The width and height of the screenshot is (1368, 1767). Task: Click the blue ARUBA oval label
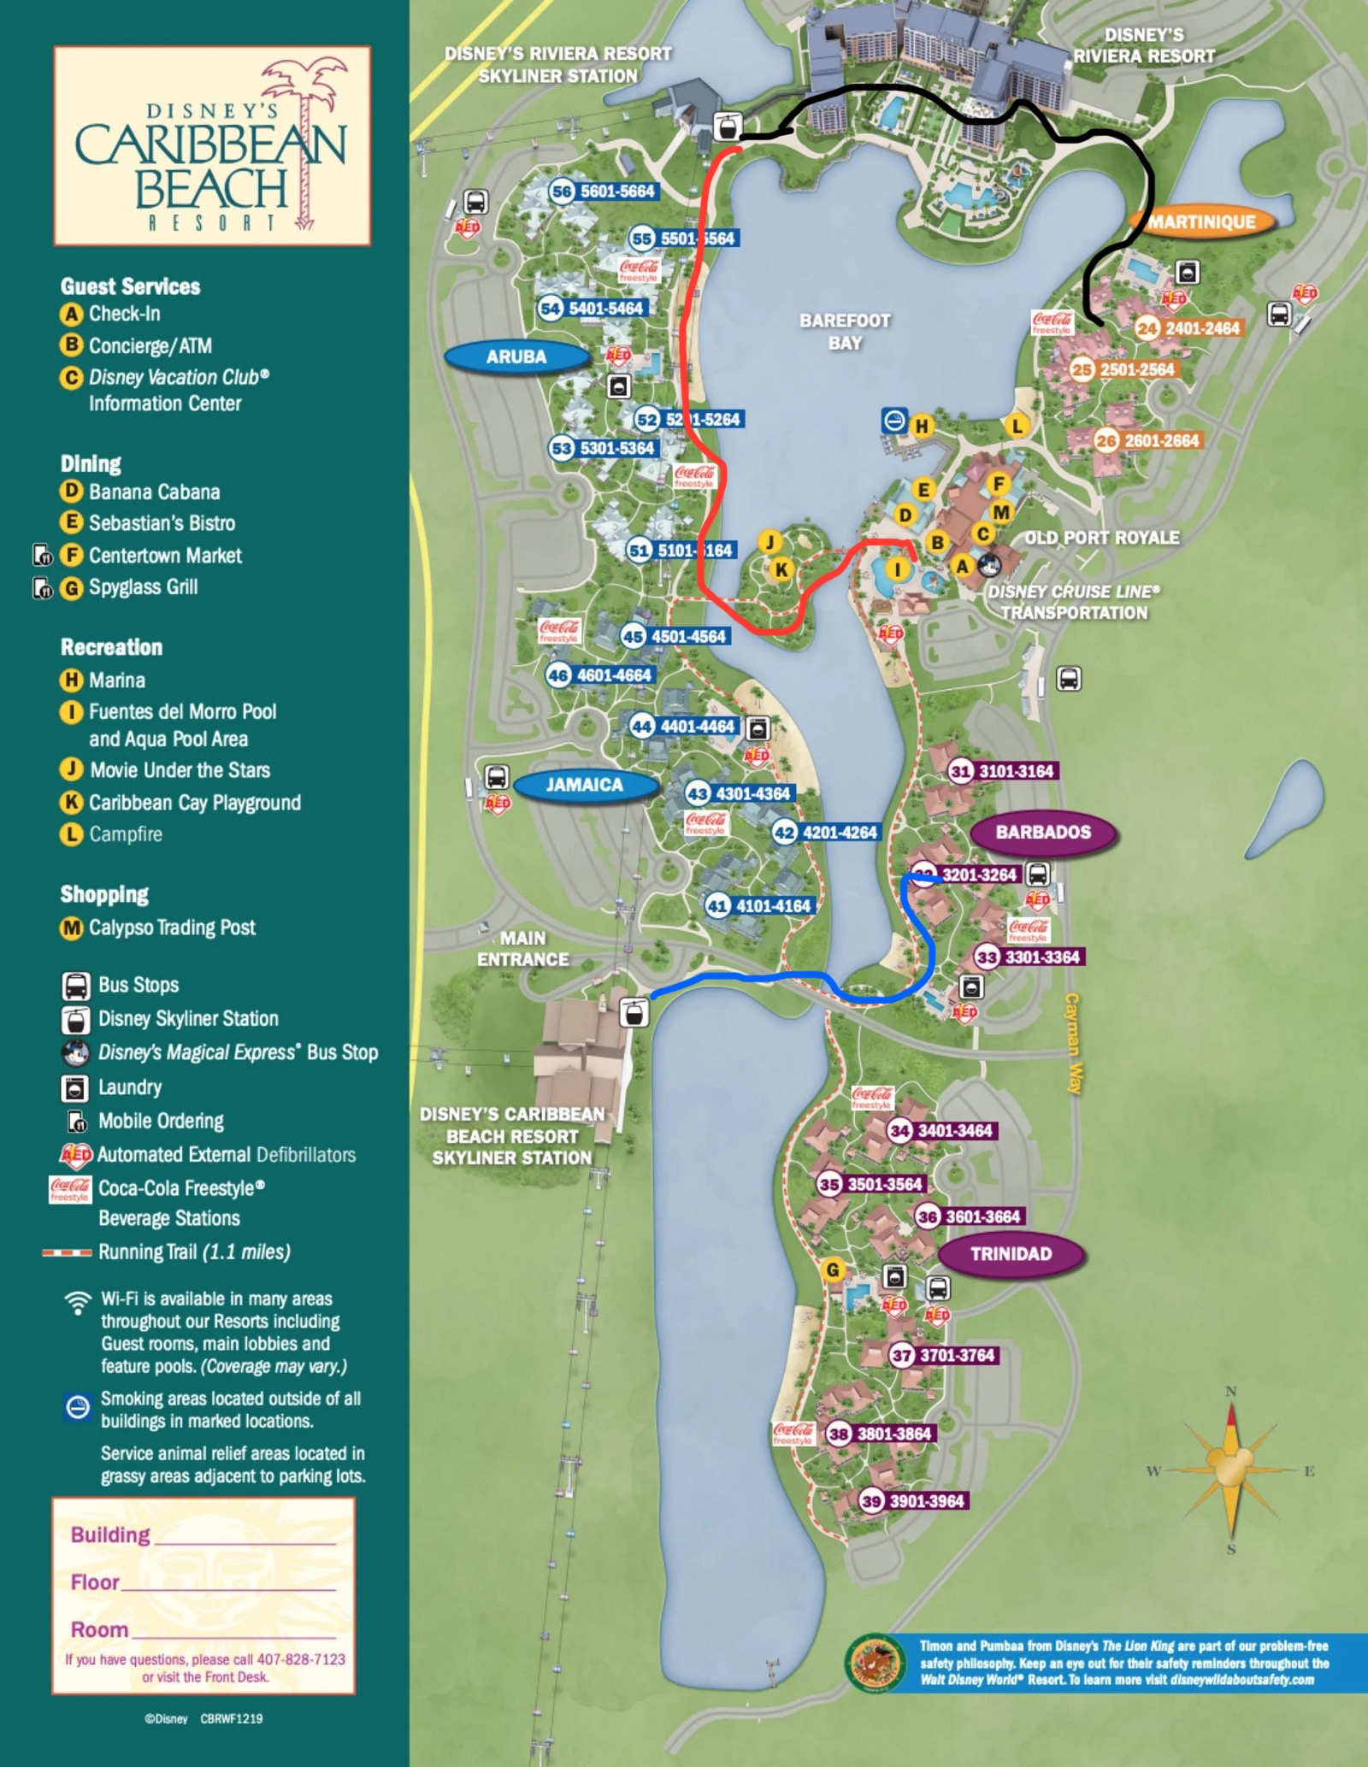516,356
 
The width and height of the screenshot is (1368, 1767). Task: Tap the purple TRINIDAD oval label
1011,1254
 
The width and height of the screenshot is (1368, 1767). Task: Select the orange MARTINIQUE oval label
1201,222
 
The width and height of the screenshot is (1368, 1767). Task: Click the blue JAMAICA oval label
585,785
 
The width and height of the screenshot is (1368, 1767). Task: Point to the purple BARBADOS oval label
1043,832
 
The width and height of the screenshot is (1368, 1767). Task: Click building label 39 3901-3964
914,1501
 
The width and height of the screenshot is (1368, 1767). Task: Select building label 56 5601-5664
604,191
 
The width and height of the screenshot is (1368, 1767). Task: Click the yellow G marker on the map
833,1269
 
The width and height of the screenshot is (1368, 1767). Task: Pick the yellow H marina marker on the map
921,426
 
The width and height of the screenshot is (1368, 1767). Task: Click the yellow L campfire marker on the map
1016,426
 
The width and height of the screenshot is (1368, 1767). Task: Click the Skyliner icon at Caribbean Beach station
634,1013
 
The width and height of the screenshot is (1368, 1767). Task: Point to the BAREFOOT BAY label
845,332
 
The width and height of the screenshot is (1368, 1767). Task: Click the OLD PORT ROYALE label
1101,538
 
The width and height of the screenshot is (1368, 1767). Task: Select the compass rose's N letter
1231,1391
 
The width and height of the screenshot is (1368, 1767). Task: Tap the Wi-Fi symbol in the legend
78,1303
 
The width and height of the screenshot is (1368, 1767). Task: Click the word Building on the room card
110,1534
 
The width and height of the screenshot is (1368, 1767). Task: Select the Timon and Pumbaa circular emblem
875,1663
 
